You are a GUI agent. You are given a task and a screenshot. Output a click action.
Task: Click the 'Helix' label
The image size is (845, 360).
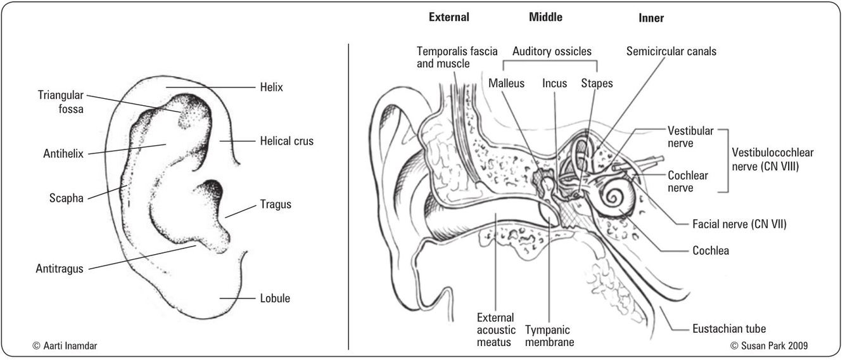[270, 87]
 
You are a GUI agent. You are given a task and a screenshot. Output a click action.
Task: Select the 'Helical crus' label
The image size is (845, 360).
[286, 141]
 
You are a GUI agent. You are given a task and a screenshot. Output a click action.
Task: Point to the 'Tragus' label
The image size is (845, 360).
[276, 204]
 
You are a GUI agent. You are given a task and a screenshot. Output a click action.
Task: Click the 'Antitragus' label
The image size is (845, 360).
[60, 269]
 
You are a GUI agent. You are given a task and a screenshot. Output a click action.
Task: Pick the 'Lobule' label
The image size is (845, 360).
[275, 298]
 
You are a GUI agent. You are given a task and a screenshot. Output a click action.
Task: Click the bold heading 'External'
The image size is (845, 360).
[448, 17]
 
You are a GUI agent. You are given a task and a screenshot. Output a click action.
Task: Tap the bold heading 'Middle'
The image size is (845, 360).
[545, 17]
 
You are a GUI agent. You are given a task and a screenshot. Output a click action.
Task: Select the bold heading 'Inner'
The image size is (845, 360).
[651, 18]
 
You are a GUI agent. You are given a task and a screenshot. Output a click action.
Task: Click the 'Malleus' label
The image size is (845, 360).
[506, 83]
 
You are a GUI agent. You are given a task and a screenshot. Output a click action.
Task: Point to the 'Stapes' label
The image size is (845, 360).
[597, 83]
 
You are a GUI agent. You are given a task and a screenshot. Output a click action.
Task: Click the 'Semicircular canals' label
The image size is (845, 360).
[671, 51]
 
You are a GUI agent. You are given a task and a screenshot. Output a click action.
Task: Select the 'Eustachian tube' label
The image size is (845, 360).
[729, 328]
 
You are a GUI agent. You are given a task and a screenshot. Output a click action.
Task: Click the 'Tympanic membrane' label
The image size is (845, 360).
[549, 336]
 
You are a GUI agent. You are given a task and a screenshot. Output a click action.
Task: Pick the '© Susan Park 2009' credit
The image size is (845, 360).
[769, 345]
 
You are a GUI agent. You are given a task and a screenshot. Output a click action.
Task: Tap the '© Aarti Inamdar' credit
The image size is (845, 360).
[65, 345]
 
